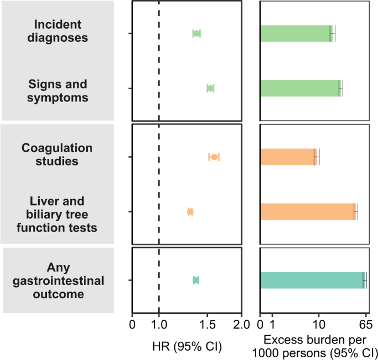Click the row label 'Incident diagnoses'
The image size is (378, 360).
coord(57,31)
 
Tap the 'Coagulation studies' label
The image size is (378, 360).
coord(57,154)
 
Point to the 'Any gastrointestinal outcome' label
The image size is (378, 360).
coord(57,281)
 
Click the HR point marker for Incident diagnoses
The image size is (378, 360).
coord(196,34)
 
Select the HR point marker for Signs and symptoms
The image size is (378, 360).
coord(210,88)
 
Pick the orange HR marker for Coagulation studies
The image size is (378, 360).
coord(214,157)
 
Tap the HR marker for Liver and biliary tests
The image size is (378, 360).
coord(190,212)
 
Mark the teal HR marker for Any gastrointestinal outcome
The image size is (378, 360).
coord(196,280)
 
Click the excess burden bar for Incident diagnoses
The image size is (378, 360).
coord(295,34)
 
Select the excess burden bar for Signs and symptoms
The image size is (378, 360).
coord(300,88)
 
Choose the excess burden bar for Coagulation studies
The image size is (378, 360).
coord(288,157)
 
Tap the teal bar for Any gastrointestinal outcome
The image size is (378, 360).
coord(312,280)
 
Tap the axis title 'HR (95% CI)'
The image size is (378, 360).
coord(187,346)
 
